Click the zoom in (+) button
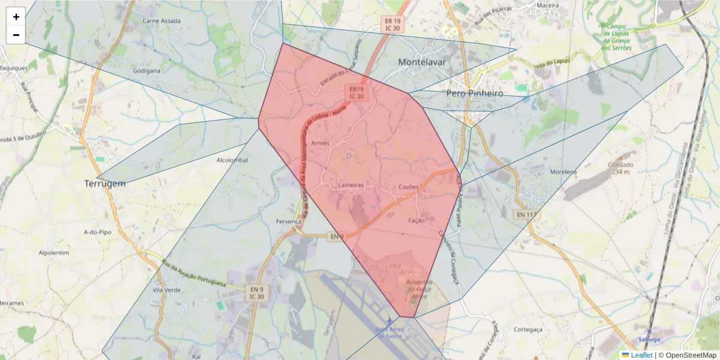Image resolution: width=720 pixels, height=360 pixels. click(x=16, y=17)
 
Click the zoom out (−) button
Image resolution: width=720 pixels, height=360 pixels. click(x=16, y=35)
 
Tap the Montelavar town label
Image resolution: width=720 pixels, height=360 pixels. click(x=424, y=62)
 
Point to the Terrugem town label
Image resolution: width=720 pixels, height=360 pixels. click(x=105, y=184)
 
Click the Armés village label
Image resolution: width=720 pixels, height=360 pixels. click(x=321, y=143)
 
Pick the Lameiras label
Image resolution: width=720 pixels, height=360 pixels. click(x=351, y=185)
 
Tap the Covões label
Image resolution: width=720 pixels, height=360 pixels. click(x=409, y=187)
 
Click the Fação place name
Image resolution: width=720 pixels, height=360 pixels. click(x=416, y=220)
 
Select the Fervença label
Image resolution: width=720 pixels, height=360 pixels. click(x=288, y=221)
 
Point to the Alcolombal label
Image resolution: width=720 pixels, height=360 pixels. click(x=232, y=160)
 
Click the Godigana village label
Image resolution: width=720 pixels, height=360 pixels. click(x=146, y=70)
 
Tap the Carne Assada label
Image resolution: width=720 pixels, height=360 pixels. click(x=161, y=20)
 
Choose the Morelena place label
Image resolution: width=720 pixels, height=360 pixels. click(x=563, y=172)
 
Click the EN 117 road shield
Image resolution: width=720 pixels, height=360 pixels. click(x=527, y=214)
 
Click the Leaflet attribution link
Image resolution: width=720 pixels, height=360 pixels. click(x=641, y=355)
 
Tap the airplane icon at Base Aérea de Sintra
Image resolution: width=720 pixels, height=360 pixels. click(x=391, y=322)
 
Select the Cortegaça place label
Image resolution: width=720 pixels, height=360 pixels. click(x=528, y=329)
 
